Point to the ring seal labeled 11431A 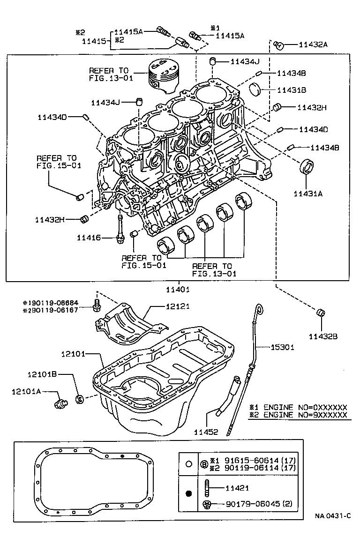coord(307,166)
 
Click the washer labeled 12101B coord(80,399)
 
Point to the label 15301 coord(282,347)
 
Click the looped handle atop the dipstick coord(258,309)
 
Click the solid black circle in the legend coord(189,493)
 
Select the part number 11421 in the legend coord(237,488)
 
